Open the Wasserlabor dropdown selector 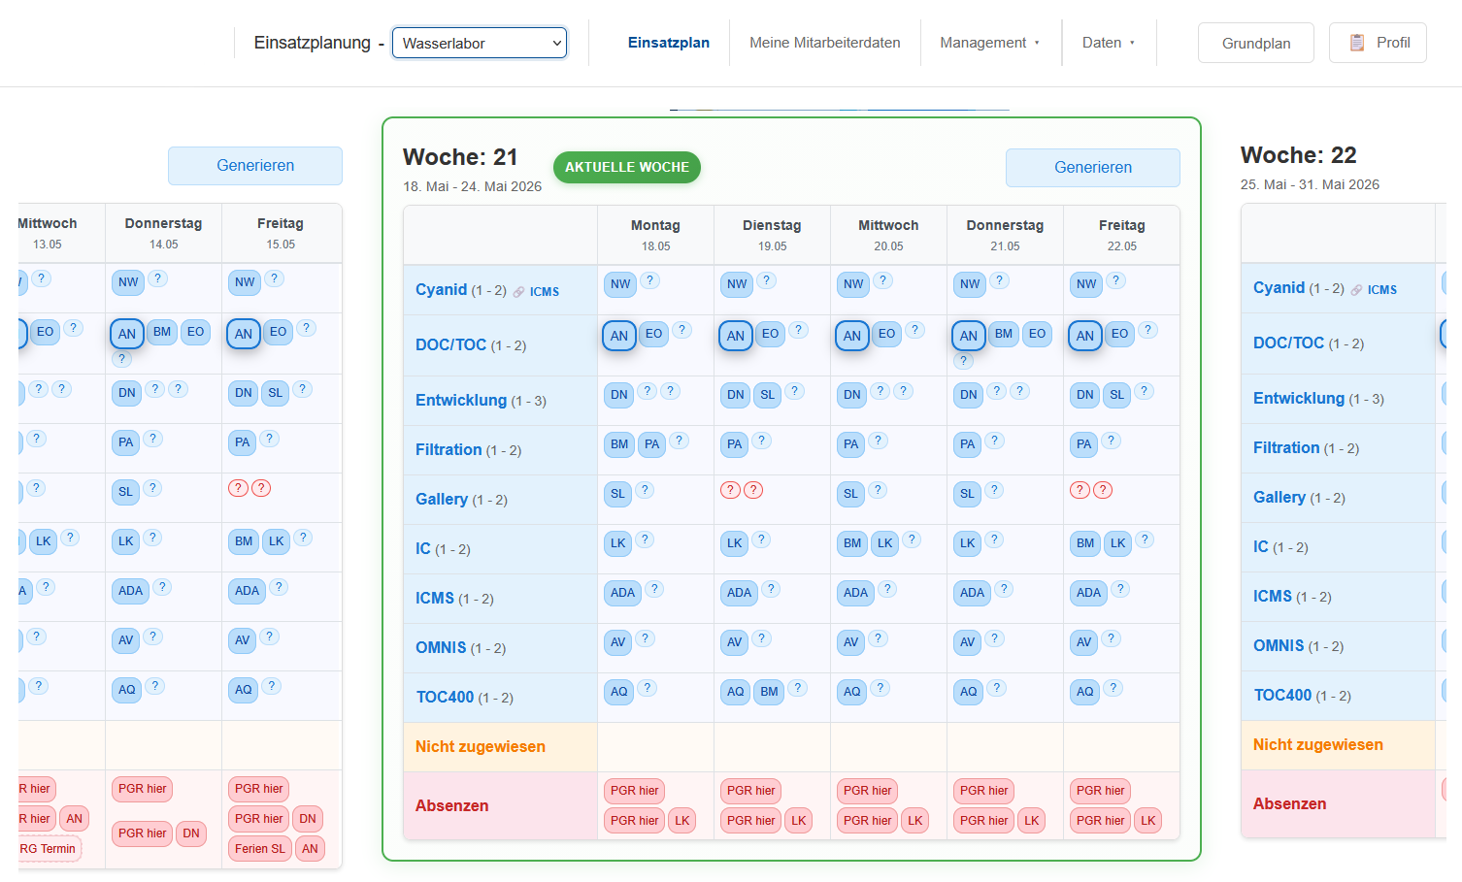pos(479,43)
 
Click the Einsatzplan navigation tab pos(668,43)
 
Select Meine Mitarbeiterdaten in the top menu pos(824,43)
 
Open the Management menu pos(989,43)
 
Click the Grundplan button pos(1256,43)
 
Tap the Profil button pos(1378,43)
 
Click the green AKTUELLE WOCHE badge pos(626,167)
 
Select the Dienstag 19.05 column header pos(772,235)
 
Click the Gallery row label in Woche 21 pos(441,499)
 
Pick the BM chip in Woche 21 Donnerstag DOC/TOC pos(1003,334)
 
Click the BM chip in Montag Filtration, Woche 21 pos(618,444)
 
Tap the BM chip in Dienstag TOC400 pos(769,692)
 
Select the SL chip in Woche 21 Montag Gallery pos(617,494)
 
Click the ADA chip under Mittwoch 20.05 pos(855,592)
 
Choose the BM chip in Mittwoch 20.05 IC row pos(851,543)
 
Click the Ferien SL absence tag pos(260,849)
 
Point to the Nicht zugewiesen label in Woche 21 pos(480,746)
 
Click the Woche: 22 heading pos(1298,155)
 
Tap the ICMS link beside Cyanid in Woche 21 pos(545,292)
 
